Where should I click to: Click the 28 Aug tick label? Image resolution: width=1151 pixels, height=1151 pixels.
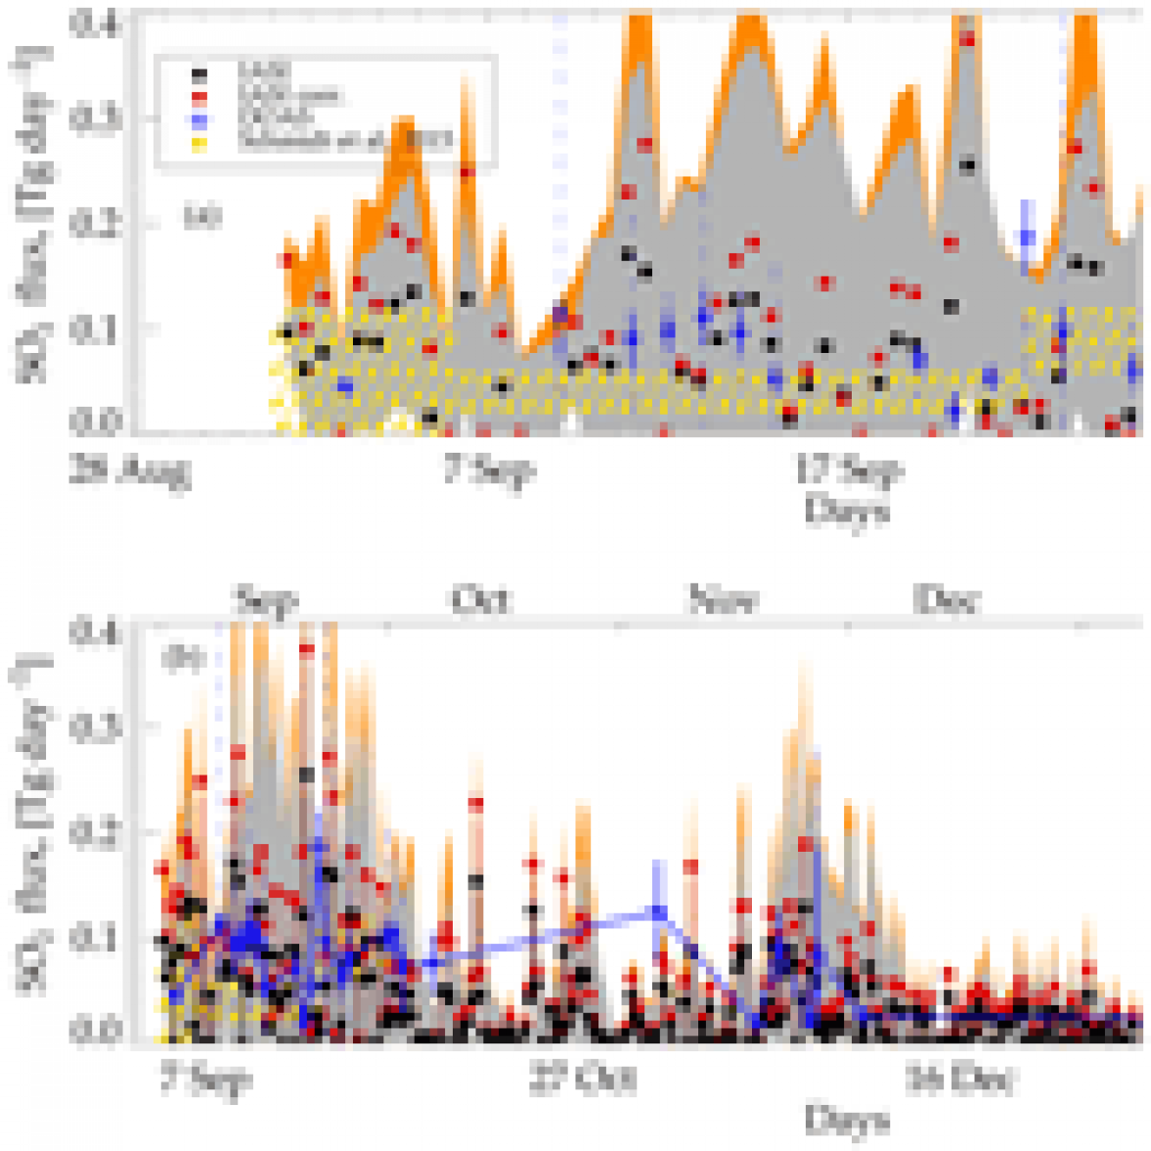(x=129, y=472)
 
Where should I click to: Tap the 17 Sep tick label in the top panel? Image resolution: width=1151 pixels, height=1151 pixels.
(x=848, y=470)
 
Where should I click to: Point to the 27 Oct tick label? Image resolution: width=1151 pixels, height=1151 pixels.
(x=584, y=1080)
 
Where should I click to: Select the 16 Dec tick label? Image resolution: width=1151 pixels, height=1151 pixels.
(x=959, y=1080)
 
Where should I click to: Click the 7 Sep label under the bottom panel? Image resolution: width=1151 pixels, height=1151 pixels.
(x=205, y=1080)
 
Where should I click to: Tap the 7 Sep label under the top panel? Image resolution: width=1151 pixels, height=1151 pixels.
(x=489, y=470)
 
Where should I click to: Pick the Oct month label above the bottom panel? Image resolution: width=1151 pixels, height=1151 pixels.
(x=481, y=598)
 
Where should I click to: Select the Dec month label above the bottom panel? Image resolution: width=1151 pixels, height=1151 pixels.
(x=947, y=598)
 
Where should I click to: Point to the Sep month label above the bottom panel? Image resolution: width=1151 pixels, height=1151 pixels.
(x=266, y=598)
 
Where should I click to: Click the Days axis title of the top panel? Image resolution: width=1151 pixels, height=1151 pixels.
(x=847, y=511)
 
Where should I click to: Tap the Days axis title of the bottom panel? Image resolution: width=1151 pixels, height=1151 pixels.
(x=847, y=1121)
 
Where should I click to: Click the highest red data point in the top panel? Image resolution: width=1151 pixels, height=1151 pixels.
(x=967, y=39)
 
